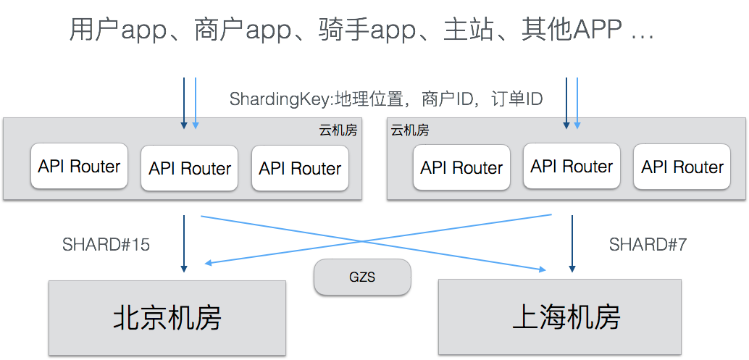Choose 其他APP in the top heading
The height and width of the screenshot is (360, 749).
click(572, 31)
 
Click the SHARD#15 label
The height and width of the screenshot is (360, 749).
click(106, 245)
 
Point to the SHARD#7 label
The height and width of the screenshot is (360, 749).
click(648, 245)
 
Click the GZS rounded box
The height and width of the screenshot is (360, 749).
click(362, 277)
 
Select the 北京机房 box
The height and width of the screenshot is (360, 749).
click(167, 317)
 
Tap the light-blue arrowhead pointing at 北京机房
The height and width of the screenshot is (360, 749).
click(209, 263)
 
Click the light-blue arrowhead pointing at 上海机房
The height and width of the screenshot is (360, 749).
click(541, 269)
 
